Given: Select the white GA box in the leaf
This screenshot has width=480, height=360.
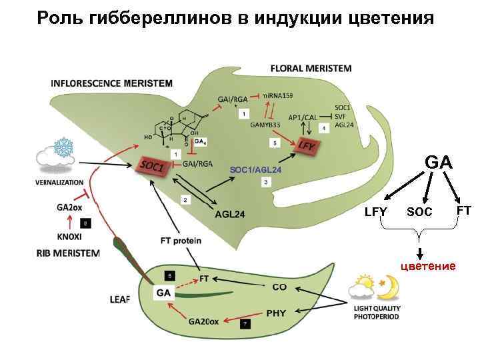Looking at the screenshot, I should pos(163,293).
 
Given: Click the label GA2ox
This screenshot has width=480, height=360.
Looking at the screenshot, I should pos(71,207).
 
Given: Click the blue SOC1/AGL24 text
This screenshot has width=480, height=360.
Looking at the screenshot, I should pos(255,170).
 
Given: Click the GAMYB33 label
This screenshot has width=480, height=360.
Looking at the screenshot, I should pos(265,124).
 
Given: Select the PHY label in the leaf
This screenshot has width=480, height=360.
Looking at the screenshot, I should pos(276,312).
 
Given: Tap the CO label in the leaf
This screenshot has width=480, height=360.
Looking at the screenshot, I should pos(279,287).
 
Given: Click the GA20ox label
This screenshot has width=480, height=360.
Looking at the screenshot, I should pos(203,321).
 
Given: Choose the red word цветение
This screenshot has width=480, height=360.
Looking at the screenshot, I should pos(427,266).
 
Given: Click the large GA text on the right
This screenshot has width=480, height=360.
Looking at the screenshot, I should pos(439,163).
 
